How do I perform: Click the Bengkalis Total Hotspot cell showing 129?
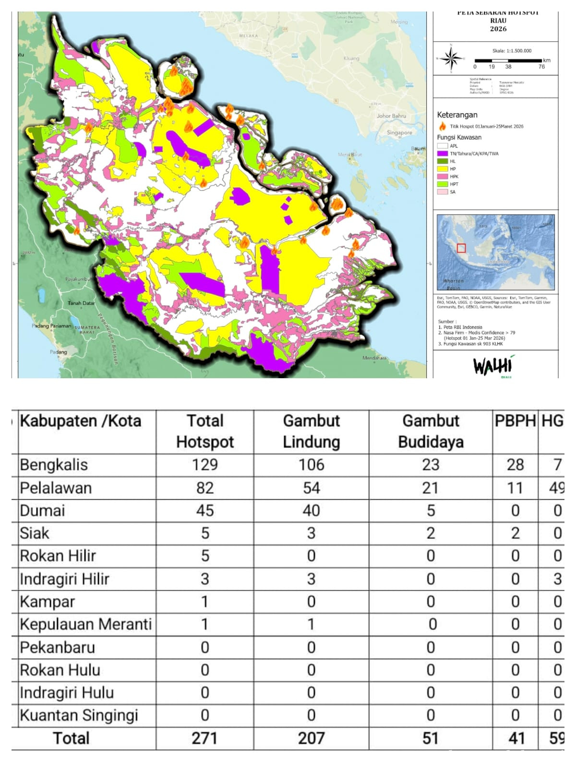tap(204, 465)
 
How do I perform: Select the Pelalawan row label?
tap(56, 488)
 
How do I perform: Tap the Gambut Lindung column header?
tap(311, 431)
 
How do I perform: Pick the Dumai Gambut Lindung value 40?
tap(311, 510)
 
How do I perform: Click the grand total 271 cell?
tap(204, 738)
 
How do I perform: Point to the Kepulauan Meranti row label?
tap(85, 624)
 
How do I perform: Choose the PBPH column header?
tap(515, 421)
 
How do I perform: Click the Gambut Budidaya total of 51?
tap(431, 738)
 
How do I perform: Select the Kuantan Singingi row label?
tap(79, 715)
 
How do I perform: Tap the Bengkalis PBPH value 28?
tap(515, 465)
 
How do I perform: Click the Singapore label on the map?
tap(399, 132)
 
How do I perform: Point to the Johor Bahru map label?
tap(391, 116)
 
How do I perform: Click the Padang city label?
tap(59, 352)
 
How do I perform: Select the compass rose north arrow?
tap(451, 59)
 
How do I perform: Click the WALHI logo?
tap(493, 366)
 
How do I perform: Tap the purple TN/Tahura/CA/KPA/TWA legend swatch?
tap(442, 154)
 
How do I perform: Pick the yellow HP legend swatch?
tap(442, 169)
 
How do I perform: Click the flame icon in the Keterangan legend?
tap(443, 126)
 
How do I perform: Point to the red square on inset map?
tap(461, 248)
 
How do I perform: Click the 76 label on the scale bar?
tap(541, 67)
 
